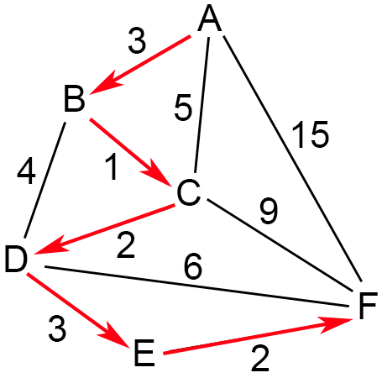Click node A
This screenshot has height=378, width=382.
[x=210, y=18]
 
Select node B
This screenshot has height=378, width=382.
[x=75, y=98]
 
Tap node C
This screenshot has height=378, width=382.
[x=189, y=192]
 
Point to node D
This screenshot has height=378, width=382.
[x=16, y=259]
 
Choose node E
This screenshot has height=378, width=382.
[x=144, y=353]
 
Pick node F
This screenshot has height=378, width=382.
[x=368, y=306]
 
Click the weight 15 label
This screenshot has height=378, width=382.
[x=310, y=134]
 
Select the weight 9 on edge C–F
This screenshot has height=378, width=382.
[x=269, y=211]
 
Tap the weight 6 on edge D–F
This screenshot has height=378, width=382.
[x=193, y=266]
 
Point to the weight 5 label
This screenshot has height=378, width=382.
[x=183, y=108]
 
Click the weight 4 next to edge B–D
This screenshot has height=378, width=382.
[x=26, y=171]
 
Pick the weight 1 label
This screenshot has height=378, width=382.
[x=112, y=166]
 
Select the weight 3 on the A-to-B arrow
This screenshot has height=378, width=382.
[x=137, y=41]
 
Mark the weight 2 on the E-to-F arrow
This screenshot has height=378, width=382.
[x=260, y=358]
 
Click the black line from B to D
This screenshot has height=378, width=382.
[x=45, y=180]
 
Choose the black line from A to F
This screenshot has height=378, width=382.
[x=293, y=159]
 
